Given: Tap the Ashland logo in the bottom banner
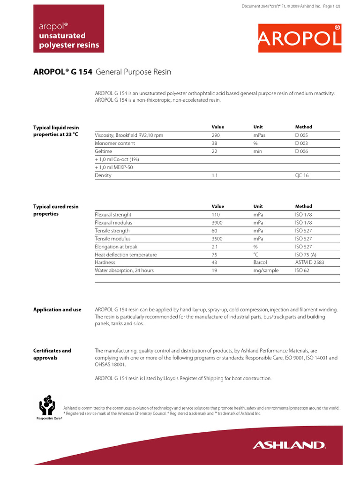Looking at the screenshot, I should tap(289, 445).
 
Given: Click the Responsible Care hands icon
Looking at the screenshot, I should tap(49, 405).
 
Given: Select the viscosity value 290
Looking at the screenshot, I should tap(216, 135).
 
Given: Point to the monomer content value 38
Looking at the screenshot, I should tap(215, 143).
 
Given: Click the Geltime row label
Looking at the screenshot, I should tap(103, 151).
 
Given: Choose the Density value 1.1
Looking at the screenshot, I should tap(215, 175).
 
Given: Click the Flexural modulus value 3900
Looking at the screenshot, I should tap(217, 223).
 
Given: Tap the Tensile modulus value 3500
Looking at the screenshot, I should tap(217, 239).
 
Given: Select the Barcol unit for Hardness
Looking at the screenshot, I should tap(260, 262).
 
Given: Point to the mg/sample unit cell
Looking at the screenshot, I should tap(266, 270).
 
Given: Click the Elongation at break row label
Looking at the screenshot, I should tap(116, 247).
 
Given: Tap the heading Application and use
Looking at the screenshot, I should tap(57, 310).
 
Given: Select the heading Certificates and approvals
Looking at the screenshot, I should tap(52, 354).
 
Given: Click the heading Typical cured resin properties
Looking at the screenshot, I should tap(56, 210).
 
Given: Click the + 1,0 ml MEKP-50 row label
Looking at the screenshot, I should tap(114, 167).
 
